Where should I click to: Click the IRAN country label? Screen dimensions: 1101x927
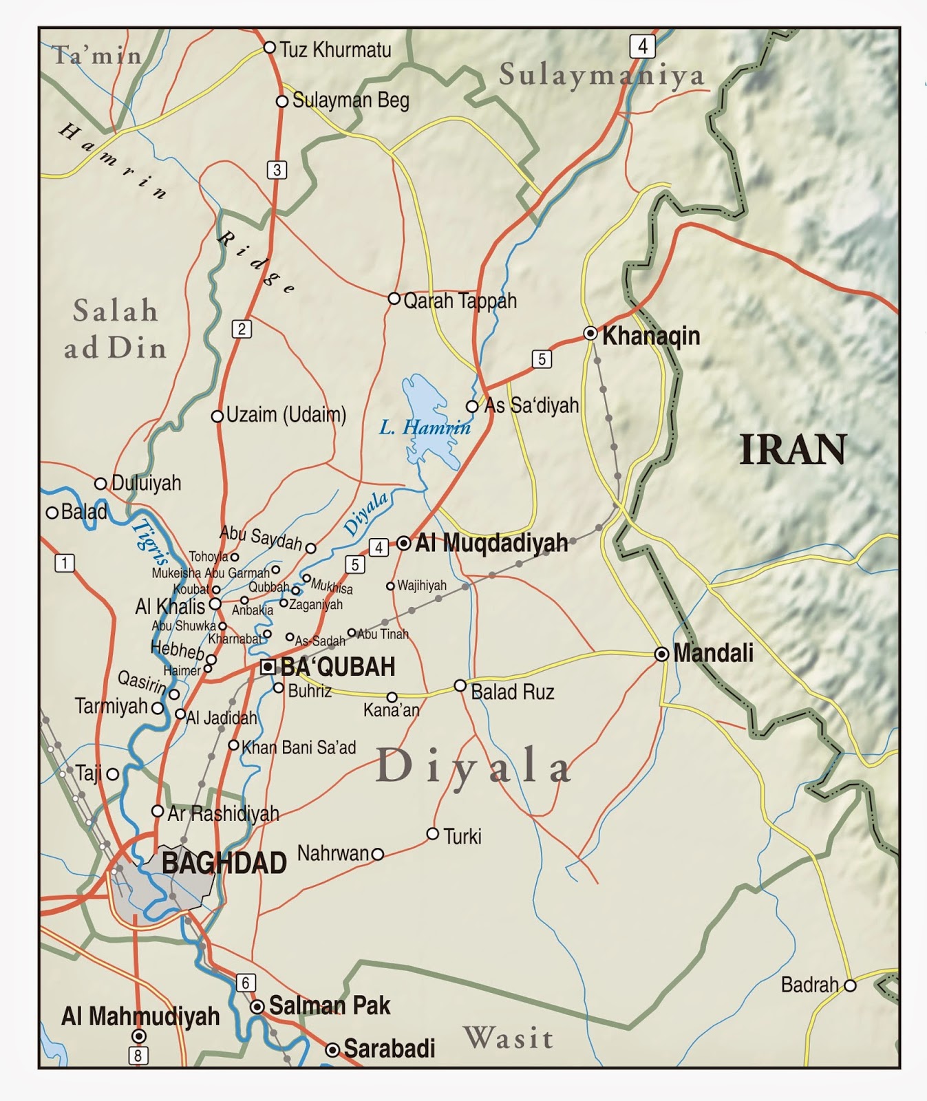click(x=793, y=450)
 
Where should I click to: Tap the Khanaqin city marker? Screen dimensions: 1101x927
click(x=590, y=334)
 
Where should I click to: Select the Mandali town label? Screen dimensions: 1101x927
click(x=713, y=652)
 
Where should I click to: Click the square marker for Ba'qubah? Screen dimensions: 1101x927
click(x=268, y=666)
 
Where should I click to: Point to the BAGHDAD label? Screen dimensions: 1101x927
click(x=224, y=863)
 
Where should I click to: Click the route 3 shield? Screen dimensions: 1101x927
click(x=277, y=169)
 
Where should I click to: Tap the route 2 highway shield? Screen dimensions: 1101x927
click(x=242, y=329)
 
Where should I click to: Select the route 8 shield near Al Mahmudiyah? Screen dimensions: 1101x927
click(x=138, y=1055)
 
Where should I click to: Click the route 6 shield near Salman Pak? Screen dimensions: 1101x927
click(x=246, y=983)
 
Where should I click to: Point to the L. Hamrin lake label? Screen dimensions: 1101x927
click(x=425, y=428)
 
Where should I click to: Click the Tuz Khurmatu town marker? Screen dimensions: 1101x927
click(x=270, y=47)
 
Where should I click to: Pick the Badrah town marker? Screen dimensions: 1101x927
click(x=850, y=985)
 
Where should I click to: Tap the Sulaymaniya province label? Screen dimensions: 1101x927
click(x=601, y=75)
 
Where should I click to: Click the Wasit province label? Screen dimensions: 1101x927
click(x=508, y=1038)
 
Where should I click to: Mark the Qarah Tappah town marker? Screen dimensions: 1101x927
click(x=394, y=299)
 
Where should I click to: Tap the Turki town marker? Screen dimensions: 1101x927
click(x=433, y=834)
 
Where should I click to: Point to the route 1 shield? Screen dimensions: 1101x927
click(x=64, y=563)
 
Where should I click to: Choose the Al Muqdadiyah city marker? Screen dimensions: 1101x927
click(x=404, y=544)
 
